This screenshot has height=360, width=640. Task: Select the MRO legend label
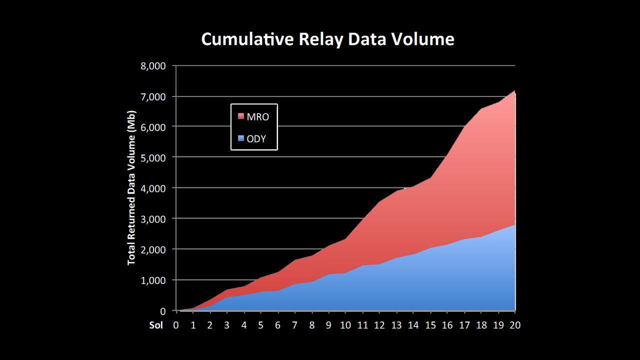click(x=257, y=116)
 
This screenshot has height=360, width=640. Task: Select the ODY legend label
click(x=256, y=138)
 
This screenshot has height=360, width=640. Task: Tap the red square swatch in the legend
click(x=241, y=116)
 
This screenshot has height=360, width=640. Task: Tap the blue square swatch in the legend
click(x=241, y=138)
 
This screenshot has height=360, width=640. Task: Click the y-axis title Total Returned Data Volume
click(x=131, y=188)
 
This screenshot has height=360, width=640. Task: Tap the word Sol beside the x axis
click(x=156, y=325)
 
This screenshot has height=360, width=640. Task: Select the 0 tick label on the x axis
click(x=176, y=325)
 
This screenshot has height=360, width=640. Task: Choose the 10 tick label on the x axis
click(x=345, y=325)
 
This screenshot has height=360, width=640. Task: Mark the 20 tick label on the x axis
click(x=514, y=325)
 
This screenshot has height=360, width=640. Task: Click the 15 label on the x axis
click(x=430, y=325)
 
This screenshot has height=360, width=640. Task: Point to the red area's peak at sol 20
click(x=514, y=91)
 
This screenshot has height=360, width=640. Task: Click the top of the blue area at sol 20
click(x=514, y=225)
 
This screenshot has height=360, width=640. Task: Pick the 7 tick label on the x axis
click(x=294, y=325)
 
